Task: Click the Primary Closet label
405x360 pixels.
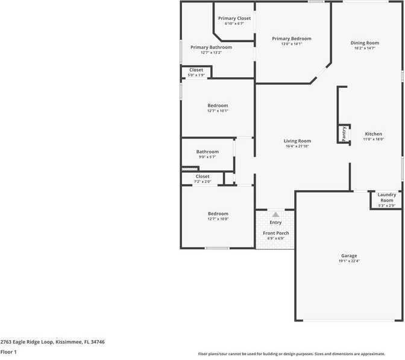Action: tap(234, 19)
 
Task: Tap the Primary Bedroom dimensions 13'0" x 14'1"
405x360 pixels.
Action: tap(291, 44)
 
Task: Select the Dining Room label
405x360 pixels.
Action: tap(365, 43)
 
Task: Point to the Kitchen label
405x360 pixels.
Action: tap(373, 134)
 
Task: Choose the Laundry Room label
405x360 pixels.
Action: tap(386, 197)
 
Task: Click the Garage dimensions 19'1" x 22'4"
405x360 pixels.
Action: tap(349, 261)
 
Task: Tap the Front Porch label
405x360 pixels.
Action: tap(275, 233)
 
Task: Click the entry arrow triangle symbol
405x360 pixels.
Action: tap(275, 214)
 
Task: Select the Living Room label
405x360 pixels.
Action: tap(297, 141)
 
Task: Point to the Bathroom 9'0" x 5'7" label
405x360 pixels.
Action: tap(207, 152)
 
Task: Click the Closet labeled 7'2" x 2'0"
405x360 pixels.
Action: tap(202, 176)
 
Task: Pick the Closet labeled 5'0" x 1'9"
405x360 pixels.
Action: tap(196, 70)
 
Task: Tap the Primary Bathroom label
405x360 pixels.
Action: tap(211, 47)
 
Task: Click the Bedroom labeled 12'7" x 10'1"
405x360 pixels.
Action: tap(218, 105)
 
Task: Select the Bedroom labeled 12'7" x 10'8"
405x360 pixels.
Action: tap(218, 214)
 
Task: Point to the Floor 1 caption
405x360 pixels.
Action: tap(8, 352)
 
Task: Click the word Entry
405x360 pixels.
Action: tap(275, 223)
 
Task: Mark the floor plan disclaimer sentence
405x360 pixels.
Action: tap(300, 354)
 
